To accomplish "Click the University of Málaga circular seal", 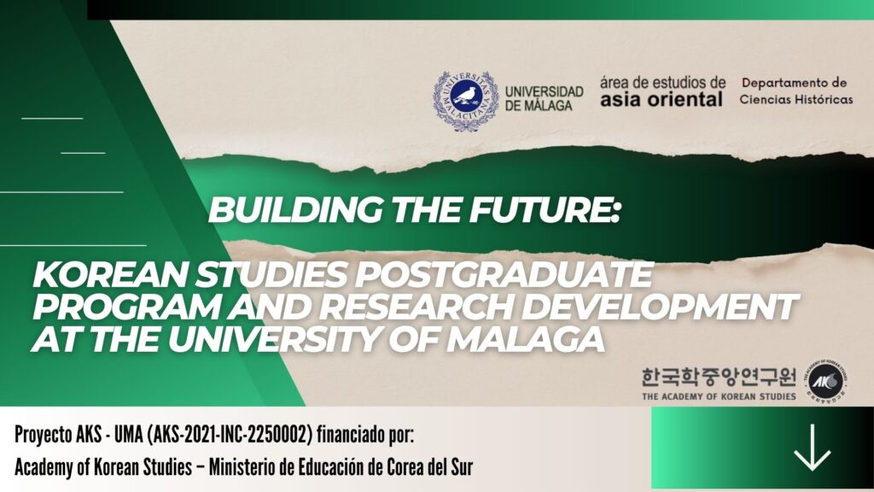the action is [466, 101].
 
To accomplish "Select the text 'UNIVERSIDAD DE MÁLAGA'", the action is [544, 98].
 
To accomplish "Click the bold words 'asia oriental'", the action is [661, 99].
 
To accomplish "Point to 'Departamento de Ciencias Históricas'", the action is [796, 91].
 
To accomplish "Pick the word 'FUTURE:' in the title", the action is [544, 210].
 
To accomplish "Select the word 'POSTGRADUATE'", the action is [504, 274].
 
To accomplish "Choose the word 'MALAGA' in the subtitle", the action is [526, 338].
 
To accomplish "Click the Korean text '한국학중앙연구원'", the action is [719, 378].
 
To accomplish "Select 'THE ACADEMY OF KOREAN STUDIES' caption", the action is [719, 396].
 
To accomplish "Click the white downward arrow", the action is [813, 448].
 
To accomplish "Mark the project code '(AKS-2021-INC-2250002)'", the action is [229, 435].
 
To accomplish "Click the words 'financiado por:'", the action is [365, 434].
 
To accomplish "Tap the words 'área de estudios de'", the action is [662, 83].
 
